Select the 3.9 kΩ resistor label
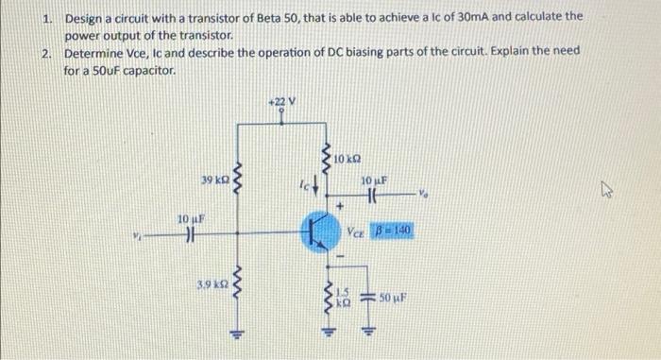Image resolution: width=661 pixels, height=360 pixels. point(211,283)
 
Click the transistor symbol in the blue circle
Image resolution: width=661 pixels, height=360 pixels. point(317,231)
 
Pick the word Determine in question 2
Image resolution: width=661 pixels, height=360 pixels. point(95,53)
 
